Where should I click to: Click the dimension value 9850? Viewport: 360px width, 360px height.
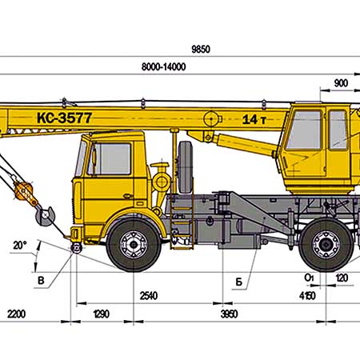tap(201, 50)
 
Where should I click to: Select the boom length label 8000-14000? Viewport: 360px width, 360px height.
tap(163, 66)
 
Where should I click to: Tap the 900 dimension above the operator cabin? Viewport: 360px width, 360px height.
tap(341, 83)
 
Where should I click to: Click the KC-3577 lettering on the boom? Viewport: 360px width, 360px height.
tap(65, 118)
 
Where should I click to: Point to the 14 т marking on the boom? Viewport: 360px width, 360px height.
tap(254, 120)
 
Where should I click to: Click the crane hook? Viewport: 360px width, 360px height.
tap(46, 214)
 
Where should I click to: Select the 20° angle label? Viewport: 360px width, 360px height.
tap(20, 246)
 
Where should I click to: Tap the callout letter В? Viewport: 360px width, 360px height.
tap(41, 281)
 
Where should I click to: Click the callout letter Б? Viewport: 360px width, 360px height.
tap(238, 282)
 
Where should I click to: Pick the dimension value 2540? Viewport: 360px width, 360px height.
tap(149, 296)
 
